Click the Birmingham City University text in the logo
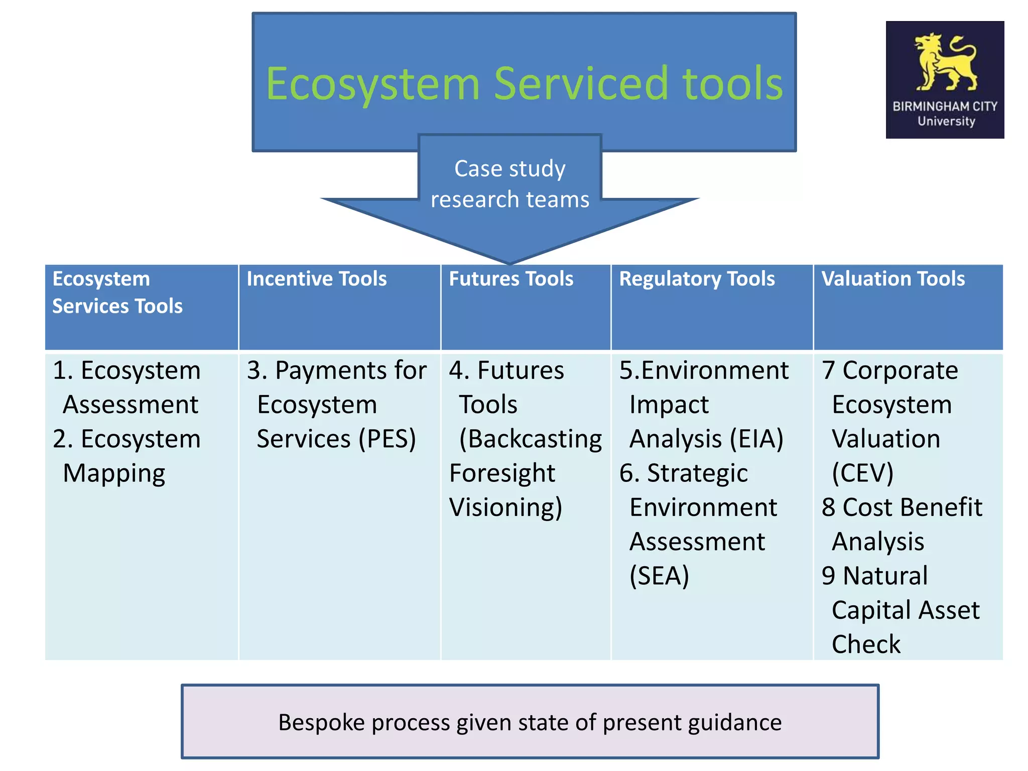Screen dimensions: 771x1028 tap(945, 113)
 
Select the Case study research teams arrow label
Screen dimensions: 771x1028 tap(509, 184)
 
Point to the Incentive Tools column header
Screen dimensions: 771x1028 tap(316, 279)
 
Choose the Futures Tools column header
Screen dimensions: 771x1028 tap(510, 279)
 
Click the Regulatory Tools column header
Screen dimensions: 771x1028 tap(697, 279)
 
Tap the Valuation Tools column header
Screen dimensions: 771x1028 tap(892, 279)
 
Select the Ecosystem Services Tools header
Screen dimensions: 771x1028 tap(117, 292)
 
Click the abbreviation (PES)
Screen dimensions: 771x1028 tap(387, 439)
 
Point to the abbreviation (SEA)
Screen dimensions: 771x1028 tap(659, 576)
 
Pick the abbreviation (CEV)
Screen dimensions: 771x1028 tap(862, 473)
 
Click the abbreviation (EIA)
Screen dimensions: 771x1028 tap(756, 439)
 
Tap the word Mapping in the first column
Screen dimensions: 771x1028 tap(114, 474)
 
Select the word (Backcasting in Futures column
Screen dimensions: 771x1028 tap(530, 439)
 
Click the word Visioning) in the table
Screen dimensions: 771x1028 tap(505, 507)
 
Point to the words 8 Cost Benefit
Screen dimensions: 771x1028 tap(902, 507)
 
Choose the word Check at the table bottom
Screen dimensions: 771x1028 tap(866, 644)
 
